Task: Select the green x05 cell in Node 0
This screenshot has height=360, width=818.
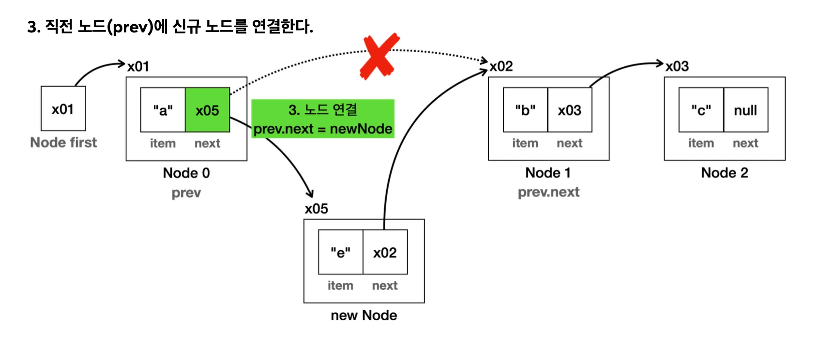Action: pos(207,110)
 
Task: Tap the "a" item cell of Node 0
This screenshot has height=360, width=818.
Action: pos(163,110)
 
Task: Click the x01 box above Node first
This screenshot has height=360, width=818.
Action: pos(63,109)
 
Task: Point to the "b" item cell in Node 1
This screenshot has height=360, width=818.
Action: pos(525,110)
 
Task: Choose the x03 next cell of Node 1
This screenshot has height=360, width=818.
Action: pos(570,110)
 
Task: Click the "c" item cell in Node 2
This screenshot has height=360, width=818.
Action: pos(701,110)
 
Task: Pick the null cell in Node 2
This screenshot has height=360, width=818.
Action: pos(745,110)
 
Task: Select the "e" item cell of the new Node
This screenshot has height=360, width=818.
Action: pos(340,252)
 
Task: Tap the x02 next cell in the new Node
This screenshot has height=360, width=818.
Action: pos(385,252)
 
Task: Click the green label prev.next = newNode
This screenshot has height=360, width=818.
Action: pos(323,129)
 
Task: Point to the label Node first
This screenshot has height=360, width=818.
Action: pos(63,142)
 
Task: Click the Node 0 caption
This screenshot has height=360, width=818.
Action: pos(186,173)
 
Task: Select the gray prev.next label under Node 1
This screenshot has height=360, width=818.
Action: pos(548,192)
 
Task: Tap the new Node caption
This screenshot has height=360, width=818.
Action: pos(364,315)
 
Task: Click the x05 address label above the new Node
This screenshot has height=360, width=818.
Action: pos(317,209)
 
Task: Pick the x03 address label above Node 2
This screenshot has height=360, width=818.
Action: pos(677,66)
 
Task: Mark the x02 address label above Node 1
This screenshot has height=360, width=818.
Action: pos(501,66)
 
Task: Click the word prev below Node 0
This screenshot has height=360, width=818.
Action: pos(186,193)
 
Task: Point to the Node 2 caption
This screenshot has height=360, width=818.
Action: pos(725,173)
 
